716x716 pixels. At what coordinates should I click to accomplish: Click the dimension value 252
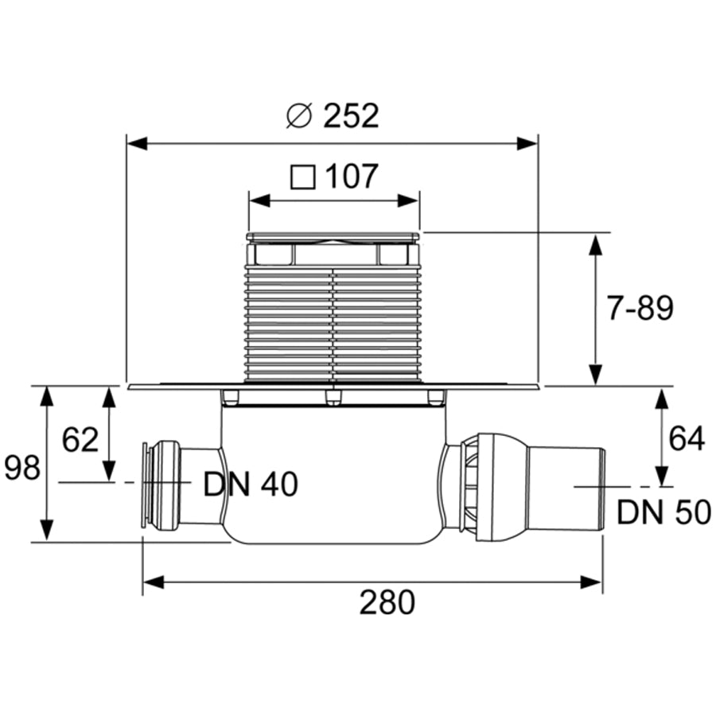351,117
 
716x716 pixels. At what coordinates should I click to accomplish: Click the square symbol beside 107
302,177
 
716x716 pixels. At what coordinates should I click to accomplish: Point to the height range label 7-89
640,308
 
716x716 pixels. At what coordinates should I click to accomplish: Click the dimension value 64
686,438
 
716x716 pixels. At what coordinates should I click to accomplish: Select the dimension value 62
80,439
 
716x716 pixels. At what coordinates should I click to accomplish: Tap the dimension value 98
21,468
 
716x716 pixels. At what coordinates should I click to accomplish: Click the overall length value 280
387,603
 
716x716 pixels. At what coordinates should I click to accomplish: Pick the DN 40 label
251,484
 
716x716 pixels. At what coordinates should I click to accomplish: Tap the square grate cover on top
333,236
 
